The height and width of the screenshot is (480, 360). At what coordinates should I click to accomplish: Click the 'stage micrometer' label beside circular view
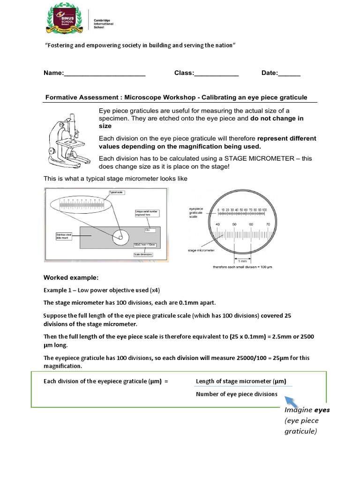tap(201, 250)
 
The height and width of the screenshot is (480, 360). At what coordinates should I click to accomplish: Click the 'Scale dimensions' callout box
tap(143, 255)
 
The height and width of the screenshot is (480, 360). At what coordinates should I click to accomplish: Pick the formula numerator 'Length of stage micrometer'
tap(241, 381)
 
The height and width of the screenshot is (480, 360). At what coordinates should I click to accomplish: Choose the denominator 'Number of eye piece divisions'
tap(236, 394)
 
